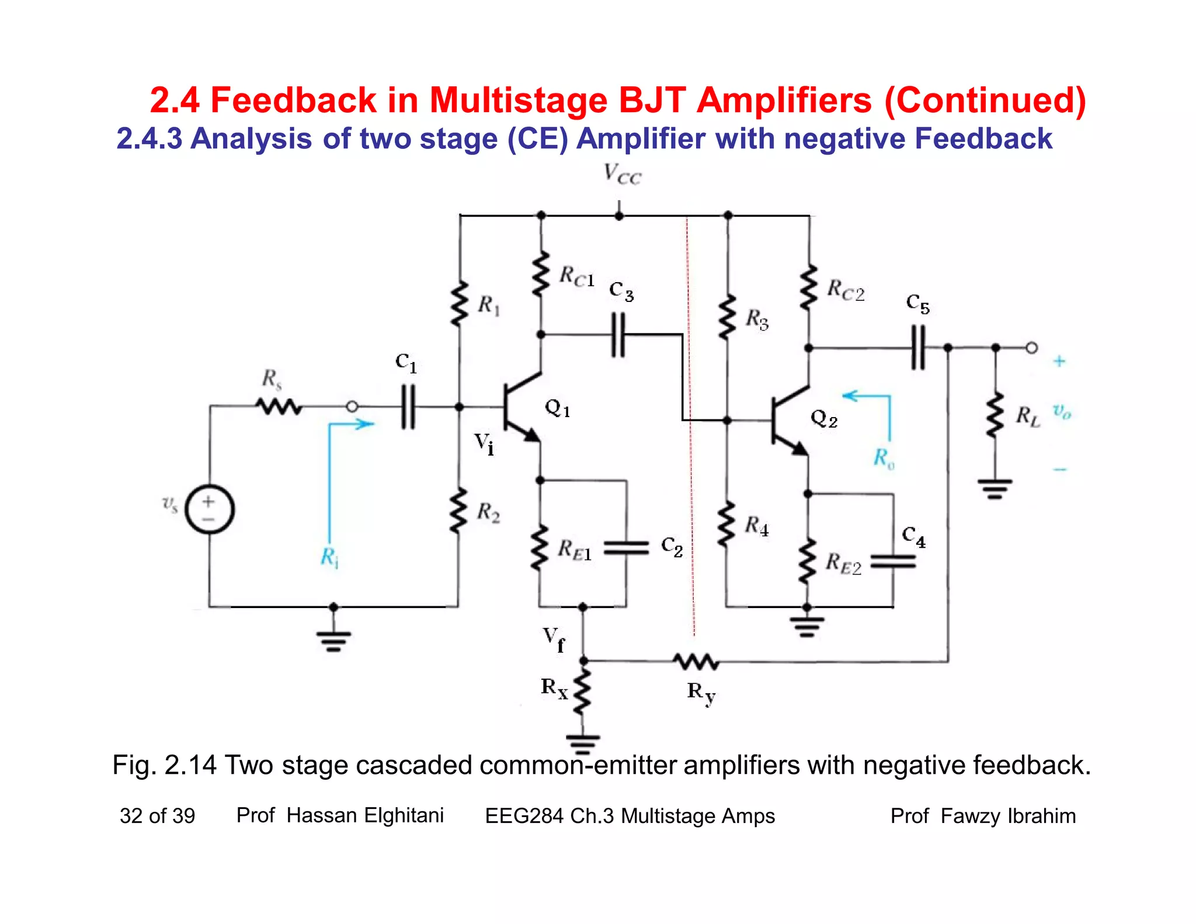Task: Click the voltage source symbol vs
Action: coord(210,509)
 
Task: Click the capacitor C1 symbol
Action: coord(409,407)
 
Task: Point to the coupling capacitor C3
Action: coord(618,335)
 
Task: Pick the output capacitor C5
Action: coord(918,348)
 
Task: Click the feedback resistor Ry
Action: coord(696,662)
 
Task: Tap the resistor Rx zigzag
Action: coord(583,692)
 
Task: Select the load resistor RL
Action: coord(995,415)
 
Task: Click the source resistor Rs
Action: coord(279,405)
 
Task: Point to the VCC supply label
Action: coord(623,174)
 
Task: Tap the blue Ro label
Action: coord(884,458)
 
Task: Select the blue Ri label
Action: coord(329,557)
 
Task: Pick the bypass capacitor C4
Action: coord(893,561)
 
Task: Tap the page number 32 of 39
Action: coord(157,816)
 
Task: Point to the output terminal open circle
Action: coord(1032,348)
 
